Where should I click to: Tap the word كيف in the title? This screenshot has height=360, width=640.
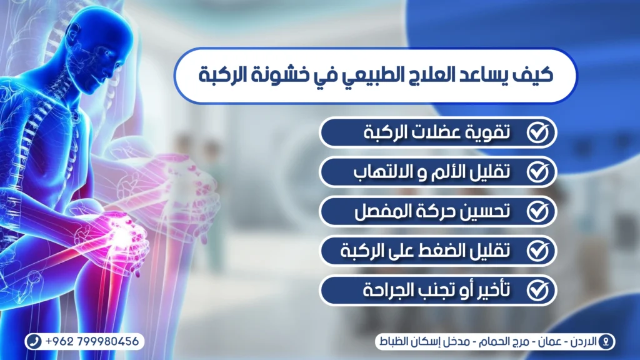point(536,76)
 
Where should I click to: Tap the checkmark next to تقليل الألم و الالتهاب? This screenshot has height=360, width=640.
point(537,172)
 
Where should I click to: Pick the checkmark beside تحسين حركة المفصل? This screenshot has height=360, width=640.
point(537,211)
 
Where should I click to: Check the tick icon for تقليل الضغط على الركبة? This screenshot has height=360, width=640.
point(537,251)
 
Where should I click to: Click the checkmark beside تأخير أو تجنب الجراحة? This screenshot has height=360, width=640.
point(537,290)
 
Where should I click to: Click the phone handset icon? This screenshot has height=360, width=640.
point(36,342)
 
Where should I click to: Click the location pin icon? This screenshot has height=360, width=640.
point(605,342)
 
